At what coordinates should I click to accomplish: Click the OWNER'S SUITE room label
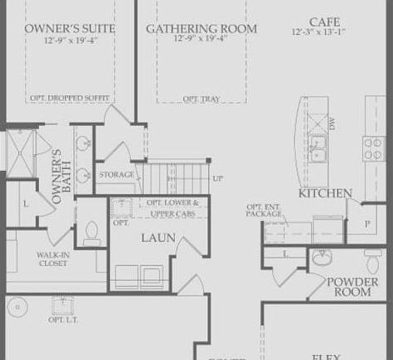(69, 28)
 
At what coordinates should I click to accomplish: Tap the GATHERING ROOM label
(201, 28)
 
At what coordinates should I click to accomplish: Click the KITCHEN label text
(326, 193)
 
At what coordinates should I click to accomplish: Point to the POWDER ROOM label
(352, 287)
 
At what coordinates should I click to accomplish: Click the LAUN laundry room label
(157, 237)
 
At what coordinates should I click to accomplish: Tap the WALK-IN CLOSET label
(52, 259)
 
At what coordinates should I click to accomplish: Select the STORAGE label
(117, 175)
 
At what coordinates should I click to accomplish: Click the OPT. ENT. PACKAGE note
(263, 210)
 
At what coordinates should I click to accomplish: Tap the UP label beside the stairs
(217, 178)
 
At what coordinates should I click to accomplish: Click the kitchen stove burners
(371, 147)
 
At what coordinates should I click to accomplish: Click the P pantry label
(366, 223)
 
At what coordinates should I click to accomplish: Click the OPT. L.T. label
(62, 319)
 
